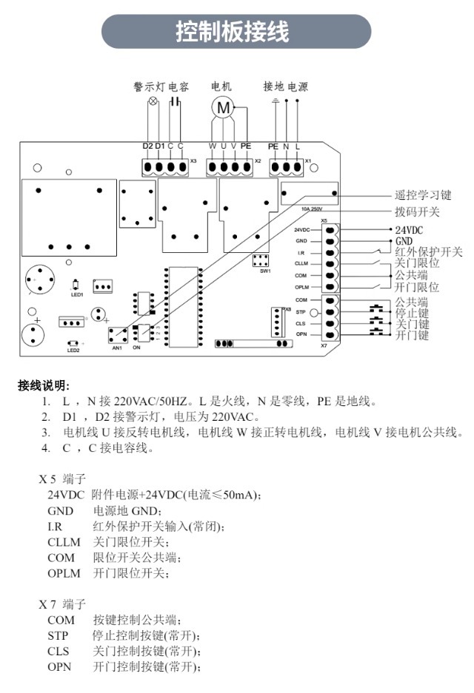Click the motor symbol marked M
(x=223, y=107)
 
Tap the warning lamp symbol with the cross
(x=153, y=101)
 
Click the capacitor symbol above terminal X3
(x=176, y=102)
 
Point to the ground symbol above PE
(x=276, y=101)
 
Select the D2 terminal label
(x=147, y=146)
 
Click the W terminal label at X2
(x=213, y=146)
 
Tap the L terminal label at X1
(x=298, y=146)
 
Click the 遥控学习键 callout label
(x=423, y=195)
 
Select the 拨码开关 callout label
(x=418, y=212)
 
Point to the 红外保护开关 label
(x=428, y=252)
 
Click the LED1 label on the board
(x=77, y=294)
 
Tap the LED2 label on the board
(x=73, y=350)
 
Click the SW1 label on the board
(x=265, y=271)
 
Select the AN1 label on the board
(x=117, y=348)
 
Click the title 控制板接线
(x=233, y=31)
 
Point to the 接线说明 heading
(x=44, y=385)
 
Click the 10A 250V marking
(x=312, y=209)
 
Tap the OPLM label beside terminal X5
(x=302, y=287)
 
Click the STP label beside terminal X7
(x=301, y=312)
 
